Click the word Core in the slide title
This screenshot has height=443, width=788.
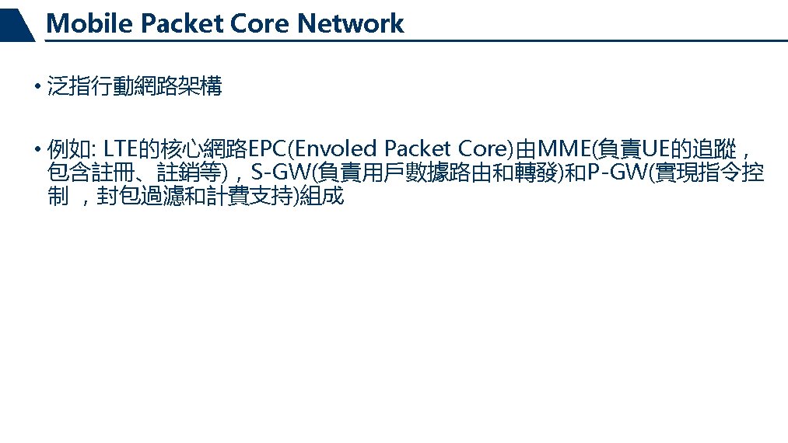coord(261,24)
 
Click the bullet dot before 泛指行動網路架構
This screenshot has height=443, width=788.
coord(37,87)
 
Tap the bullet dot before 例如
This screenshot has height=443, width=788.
coord(37,148)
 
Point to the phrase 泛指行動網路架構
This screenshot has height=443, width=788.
coord(135,87)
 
